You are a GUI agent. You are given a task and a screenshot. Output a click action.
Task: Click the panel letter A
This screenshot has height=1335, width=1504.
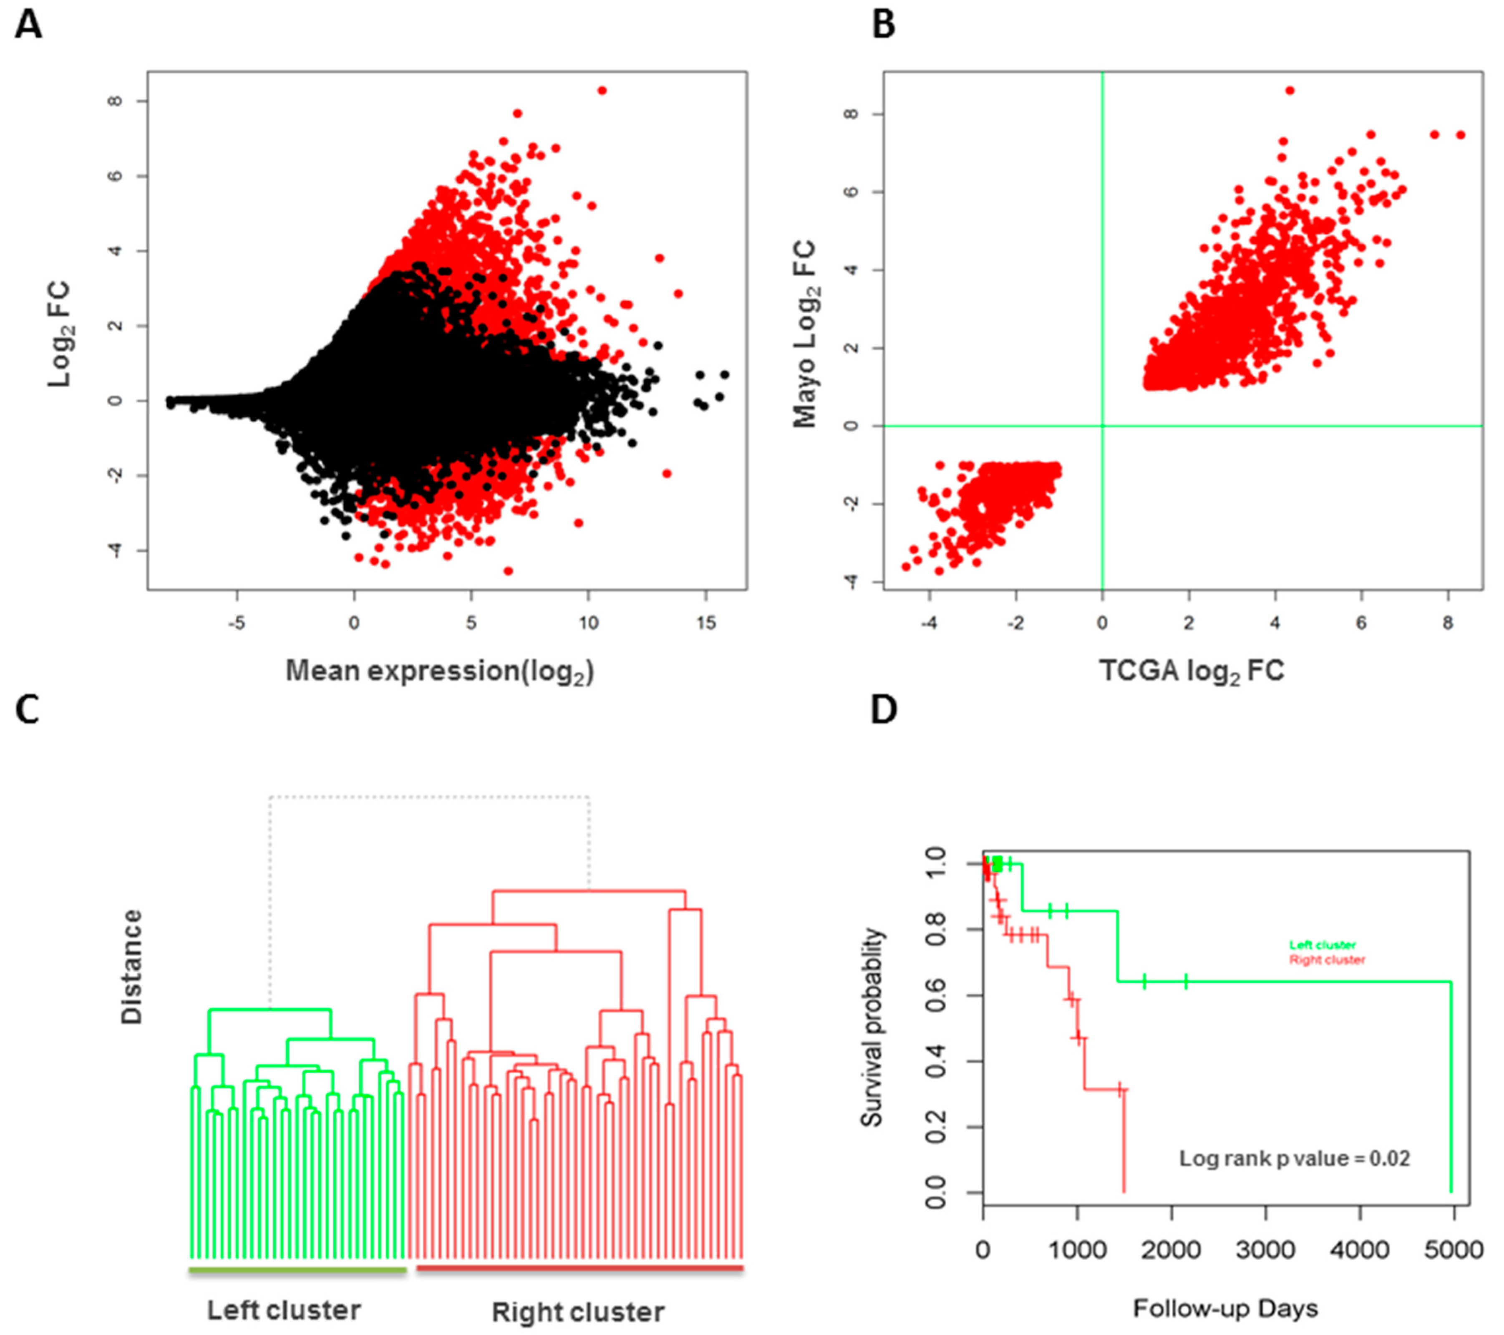click(x=28, y=26)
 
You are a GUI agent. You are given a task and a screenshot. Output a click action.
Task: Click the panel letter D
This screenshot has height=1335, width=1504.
click(x=884, y=710)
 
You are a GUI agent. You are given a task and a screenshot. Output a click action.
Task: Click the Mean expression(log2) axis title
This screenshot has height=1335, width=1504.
click(x=439, y=671)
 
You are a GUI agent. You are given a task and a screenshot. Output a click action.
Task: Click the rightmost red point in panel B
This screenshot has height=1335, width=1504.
click(x=1461, y=135)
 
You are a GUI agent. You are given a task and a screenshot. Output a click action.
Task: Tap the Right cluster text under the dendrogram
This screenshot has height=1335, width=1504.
click(x=578, y=1312)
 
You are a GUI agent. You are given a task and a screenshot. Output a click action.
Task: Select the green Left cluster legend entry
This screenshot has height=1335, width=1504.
click(x=1322, y=945)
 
